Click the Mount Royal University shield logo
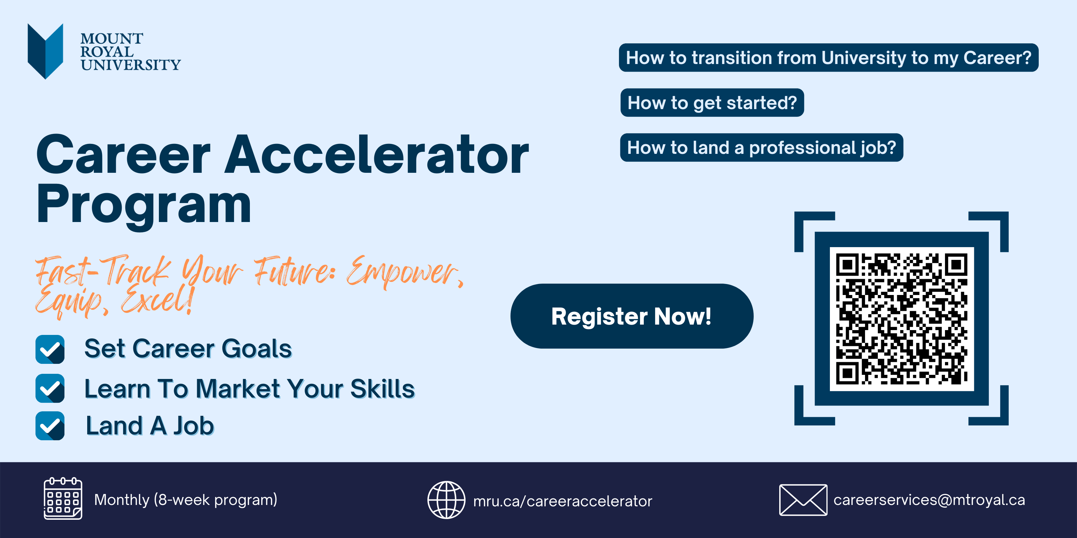pyautogui.click(x=45, y=51)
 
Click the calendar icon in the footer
pyautogui.click(x=63, y=498)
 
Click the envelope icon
pyautogui.click(x=803, y=500)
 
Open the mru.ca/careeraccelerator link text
pyautogui.click(x=562, y=501)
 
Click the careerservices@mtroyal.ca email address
pyautogui.click(x=929, y=500)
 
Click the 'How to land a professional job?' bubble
pyautogui.click(x=761, y=147)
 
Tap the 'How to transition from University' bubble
pyautogui.click(x=829, y=57)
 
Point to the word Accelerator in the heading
pyautogui.click(x=377, y=155)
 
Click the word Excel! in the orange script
pyautogui.click(x=158, y=299)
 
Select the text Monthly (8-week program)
pyautogui.click(x=186, y=499)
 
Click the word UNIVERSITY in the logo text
pyautogui.click(x=130, y=65)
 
